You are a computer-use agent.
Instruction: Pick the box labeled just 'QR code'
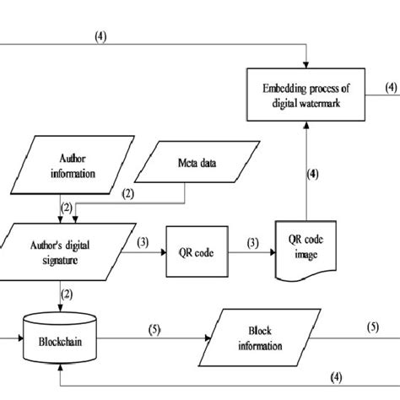195,250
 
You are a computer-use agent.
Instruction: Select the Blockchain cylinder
60,343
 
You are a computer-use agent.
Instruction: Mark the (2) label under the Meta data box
129,194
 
